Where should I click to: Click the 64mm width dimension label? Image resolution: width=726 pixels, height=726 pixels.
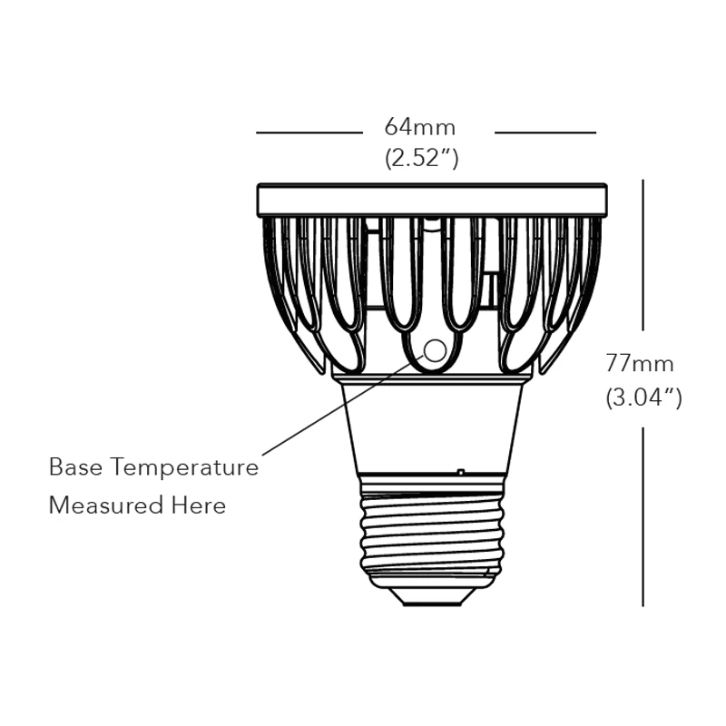420,127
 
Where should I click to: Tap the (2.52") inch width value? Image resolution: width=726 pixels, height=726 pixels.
422,158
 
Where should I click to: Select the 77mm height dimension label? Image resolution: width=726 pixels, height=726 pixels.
640,364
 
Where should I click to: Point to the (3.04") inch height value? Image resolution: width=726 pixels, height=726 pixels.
643,397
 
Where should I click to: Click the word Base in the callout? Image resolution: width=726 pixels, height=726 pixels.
75,467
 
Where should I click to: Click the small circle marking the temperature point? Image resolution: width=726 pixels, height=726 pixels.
436,350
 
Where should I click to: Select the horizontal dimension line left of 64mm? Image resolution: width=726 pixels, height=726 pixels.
309,132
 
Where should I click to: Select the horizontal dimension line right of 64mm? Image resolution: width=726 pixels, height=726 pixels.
545,132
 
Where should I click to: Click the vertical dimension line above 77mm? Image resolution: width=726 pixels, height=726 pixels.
643,254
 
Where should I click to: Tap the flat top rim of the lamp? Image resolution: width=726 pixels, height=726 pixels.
432,200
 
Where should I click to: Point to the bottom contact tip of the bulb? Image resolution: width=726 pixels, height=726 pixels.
432,596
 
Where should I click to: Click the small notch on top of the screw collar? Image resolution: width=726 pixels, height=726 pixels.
461,472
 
